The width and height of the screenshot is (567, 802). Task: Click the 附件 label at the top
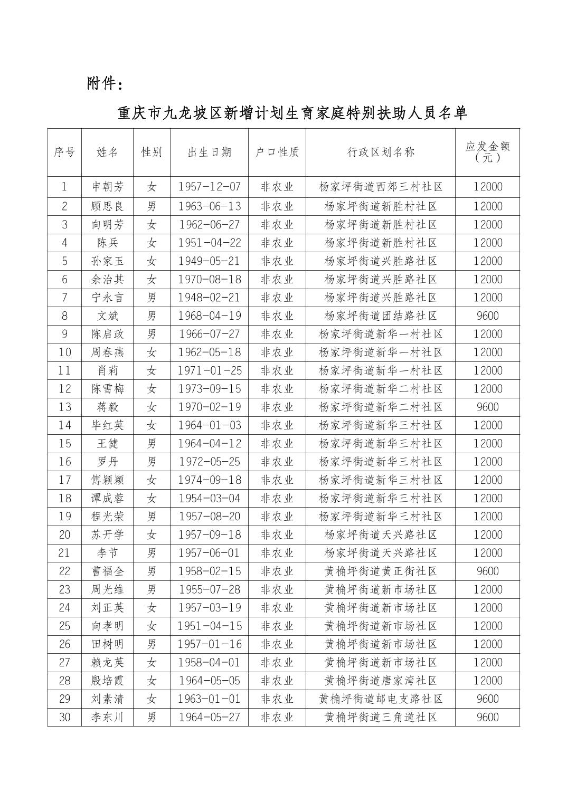(106, 83)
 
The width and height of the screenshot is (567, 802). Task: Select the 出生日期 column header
(209, 152)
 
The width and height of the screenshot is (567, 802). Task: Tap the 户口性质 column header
(277, 152)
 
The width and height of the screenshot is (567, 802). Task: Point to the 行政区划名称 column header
(381, 152)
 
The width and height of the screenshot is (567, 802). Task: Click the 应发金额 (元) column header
(487, 152)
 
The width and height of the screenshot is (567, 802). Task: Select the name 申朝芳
(107, 187)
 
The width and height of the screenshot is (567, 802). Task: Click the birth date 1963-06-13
(209, 206)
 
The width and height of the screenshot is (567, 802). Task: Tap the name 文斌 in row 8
(107, 316)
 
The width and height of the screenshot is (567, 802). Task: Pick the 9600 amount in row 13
(487, 407)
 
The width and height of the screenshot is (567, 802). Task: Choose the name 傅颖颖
(107, 480)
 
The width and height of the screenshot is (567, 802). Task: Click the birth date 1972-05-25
(209, 462)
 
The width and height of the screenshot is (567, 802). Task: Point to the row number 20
(64, 535)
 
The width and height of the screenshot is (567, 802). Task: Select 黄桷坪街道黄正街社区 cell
(381, 571)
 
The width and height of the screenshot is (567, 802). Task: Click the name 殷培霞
(107, 681)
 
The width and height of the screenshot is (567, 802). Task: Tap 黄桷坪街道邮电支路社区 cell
(381, 699)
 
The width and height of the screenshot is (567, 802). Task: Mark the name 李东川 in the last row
(107, 718)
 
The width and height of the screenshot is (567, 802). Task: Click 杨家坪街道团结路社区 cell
(381, 316)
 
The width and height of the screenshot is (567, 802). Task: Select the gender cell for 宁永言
(152, 298)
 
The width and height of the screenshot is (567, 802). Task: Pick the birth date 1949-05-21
(209, 261)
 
